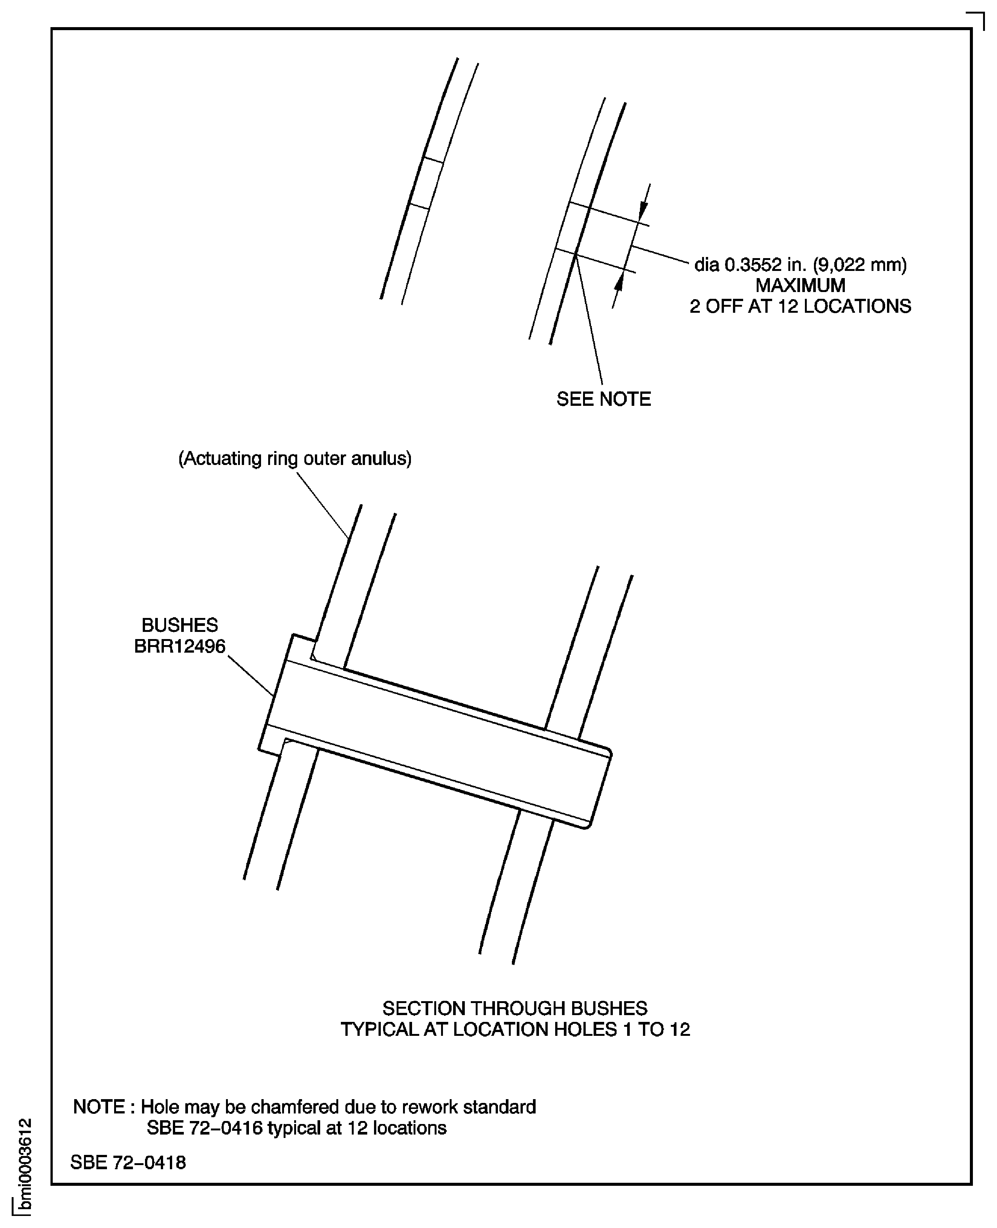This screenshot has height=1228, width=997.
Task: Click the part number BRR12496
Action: (180, 647)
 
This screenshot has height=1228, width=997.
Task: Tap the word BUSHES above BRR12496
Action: (180, 625)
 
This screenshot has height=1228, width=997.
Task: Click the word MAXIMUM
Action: (800, 286)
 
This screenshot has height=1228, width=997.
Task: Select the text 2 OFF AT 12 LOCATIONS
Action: (800, 306)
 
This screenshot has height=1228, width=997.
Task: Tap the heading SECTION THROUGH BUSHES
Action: (515, 1008)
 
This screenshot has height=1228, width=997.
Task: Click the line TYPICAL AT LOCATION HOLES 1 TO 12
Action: (515, 1029)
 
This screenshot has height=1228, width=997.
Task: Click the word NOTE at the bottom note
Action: (98, 1107)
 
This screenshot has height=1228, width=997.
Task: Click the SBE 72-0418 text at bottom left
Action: (128, 1162)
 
